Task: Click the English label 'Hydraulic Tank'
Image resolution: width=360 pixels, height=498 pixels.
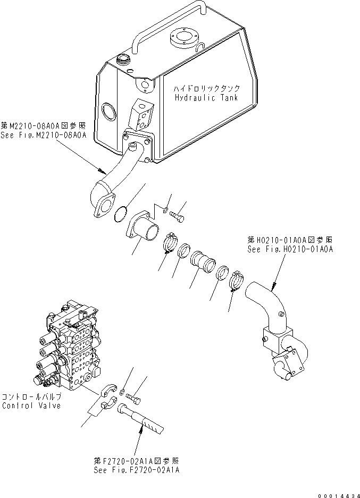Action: tap(206, 98)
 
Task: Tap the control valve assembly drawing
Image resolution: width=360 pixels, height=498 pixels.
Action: tap(67, 351)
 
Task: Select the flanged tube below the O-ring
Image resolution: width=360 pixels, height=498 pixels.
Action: tap(144, 231)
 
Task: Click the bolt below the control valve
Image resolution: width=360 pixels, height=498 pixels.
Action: tap(137, 396)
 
